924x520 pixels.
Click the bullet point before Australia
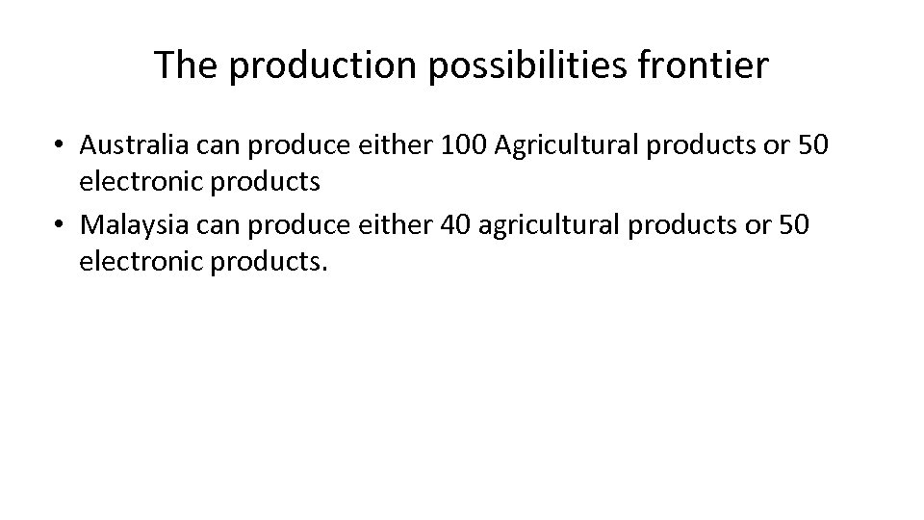tap(60, 145)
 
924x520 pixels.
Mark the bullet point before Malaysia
tap(60, 224)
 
